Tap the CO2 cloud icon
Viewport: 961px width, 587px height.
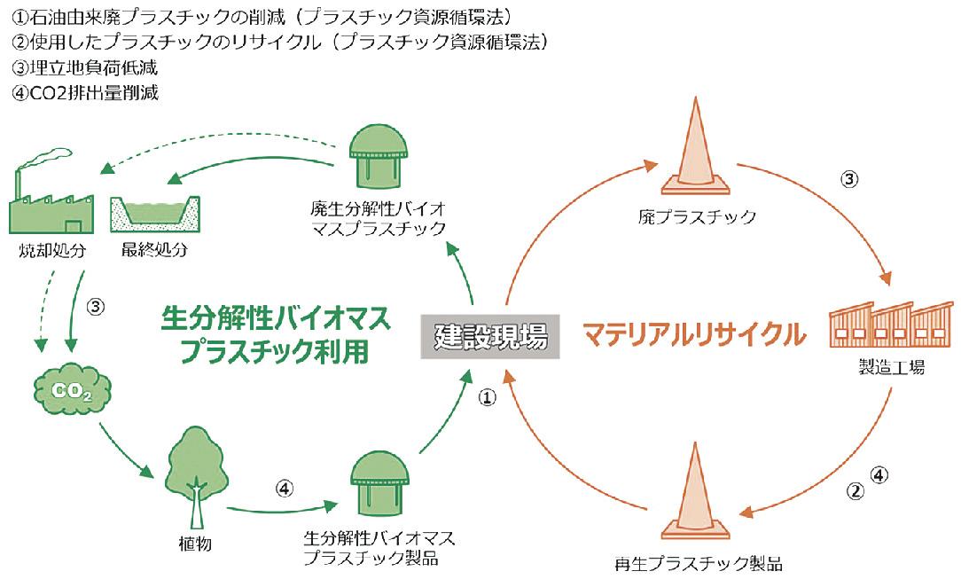coord(70,390)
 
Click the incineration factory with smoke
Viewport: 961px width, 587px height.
coord(51,200)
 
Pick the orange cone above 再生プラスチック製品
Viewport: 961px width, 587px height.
coord(698,492)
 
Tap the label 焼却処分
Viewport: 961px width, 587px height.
coord(50,250)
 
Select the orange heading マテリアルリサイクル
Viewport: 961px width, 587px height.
coord(694,335)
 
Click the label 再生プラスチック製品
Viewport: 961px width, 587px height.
coord(699,563)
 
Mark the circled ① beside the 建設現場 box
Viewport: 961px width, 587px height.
coord(487,398)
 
